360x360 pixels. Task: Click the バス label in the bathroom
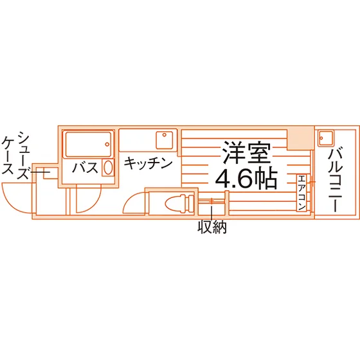click(85, 167)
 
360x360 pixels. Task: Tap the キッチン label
click(148, 163)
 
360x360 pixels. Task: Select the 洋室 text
click(246, 152)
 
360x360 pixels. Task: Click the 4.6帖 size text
click(246, 178)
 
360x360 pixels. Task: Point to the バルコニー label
click(335, 180)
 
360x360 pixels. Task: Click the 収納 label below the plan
click(212, 227)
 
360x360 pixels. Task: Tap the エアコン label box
click(301, 193)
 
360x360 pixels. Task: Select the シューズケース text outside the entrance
click(15, 155)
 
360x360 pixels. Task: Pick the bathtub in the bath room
click(89, 145)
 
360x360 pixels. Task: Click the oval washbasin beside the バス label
click(108, 167)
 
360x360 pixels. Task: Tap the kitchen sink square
click(165, 140)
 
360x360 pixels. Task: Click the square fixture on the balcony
click(325, 138)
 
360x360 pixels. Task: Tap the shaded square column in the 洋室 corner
click(300, 138)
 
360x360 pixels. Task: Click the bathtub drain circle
click(107, 145)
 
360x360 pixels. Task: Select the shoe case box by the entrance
click(50, 174)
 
